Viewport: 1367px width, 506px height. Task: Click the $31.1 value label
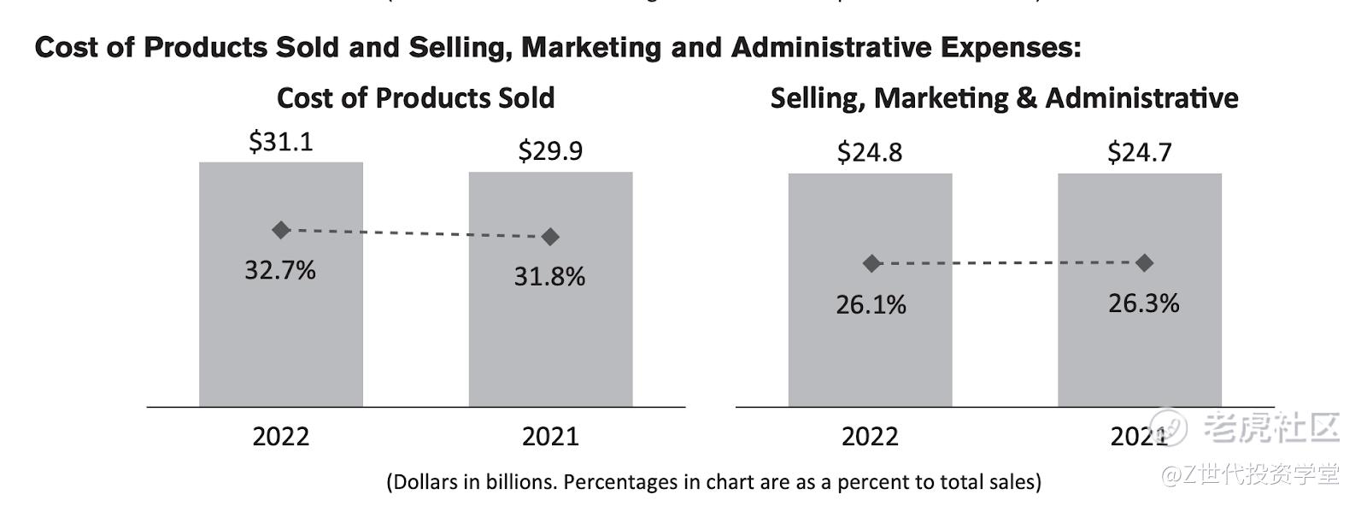(x=280, y=141)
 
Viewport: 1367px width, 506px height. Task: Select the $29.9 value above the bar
(x=550, y=150)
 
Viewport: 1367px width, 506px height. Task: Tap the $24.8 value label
(x=869, y=152)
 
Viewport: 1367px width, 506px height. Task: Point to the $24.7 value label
(x=1139, y=152)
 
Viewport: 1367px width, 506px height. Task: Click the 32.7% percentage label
(x=280, y=270)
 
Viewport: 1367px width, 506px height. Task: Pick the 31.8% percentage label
(x=549, y=276)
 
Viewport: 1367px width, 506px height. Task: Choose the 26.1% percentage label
(x=871, y=304)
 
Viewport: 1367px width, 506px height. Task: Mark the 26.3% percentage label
(x=1143, y=303)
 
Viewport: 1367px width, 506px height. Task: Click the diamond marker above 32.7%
(x=281, y=229)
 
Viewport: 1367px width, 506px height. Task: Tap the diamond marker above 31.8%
(x=550, y=236)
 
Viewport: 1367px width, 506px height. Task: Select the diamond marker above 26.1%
(x=871, y=263)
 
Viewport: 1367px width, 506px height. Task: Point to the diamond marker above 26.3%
(x=1144, y=262)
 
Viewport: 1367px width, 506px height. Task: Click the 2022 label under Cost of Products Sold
(x=280, y=437)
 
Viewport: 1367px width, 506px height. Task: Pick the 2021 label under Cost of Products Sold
(x=550, y=437)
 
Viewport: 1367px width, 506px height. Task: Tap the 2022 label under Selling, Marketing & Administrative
(x=870, y=437)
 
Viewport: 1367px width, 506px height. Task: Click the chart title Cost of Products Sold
(x=415, y=98)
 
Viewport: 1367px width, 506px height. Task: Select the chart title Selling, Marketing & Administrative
(x=1004, y=98)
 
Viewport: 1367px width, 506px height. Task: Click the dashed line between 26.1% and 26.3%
(x=1008, y=263)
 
